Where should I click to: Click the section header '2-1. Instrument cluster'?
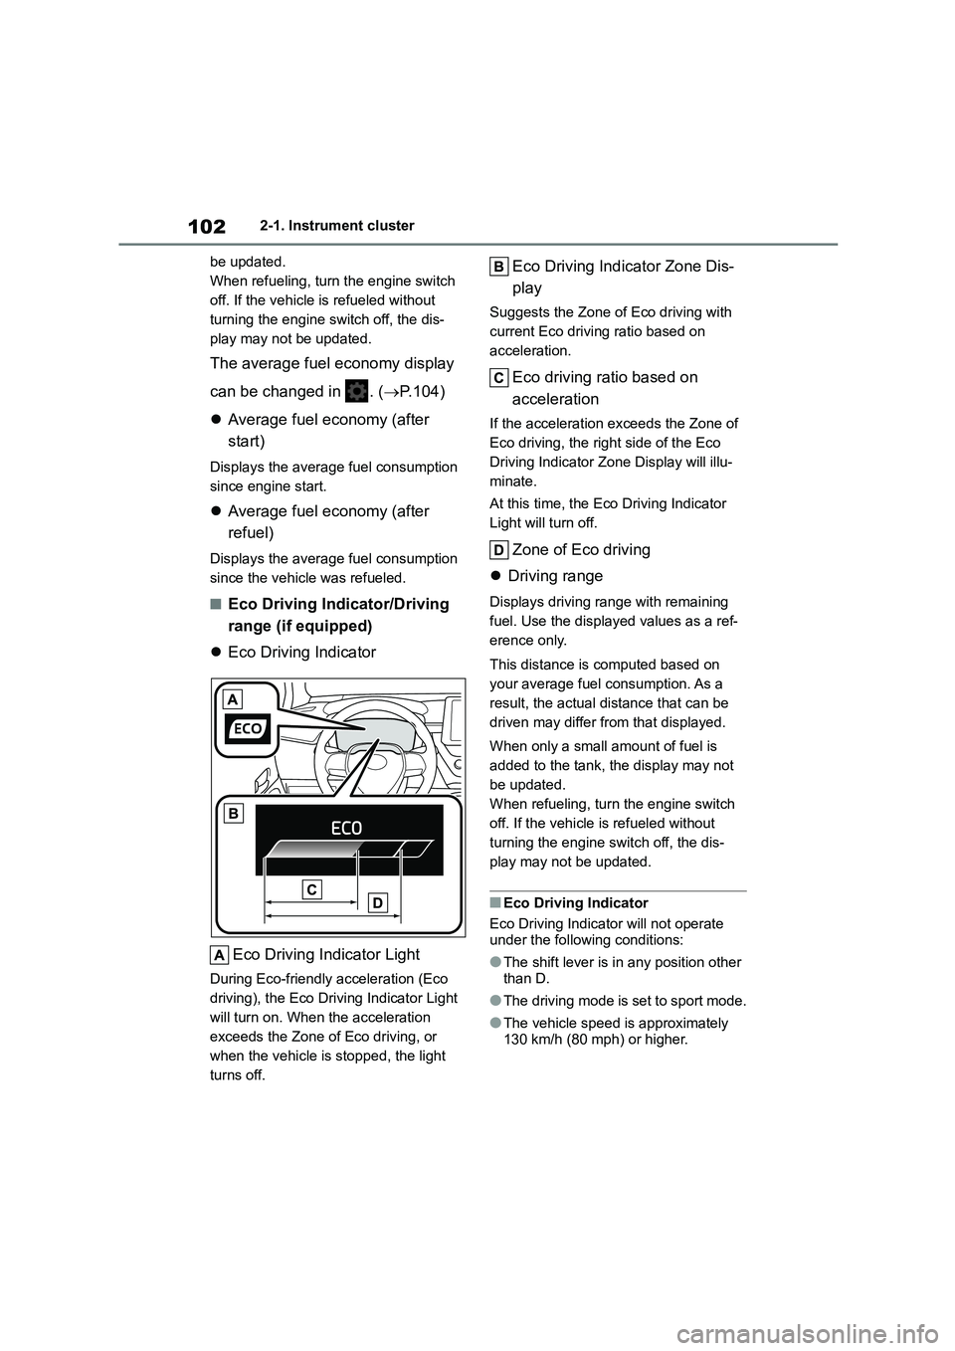(343, 226)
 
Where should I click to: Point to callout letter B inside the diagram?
(233, 814)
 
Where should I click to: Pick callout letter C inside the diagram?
(311, 888)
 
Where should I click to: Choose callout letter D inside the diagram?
(377, 902)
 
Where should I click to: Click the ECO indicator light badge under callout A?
(247, 729)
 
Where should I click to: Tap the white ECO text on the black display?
(346, 827)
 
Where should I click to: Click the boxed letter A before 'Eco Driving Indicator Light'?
(219, 955)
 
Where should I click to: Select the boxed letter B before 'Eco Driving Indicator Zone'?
(499, 266)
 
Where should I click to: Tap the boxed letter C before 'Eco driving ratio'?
(499, 377)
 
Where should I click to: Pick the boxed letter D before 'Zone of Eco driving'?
(499, 550)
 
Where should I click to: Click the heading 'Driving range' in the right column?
(554, 576)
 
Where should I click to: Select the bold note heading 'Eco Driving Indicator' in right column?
(575, 903)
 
